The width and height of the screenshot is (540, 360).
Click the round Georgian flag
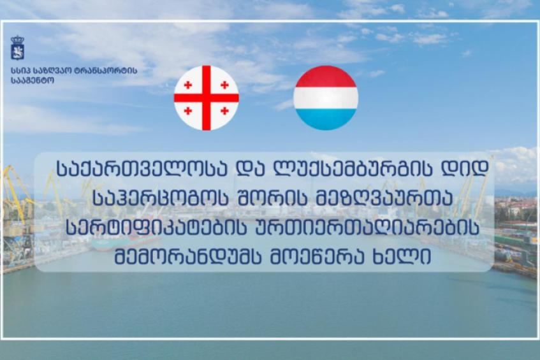pyautogui.click(x=207, y=97)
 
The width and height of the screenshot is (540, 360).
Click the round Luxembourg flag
pyautogui.click(x=326, y=97)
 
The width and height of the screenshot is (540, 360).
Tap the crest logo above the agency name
pyautogui.click(x=17, y=48)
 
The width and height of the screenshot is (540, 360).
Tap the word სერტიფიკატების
pyautogui.click(x=156, y=228)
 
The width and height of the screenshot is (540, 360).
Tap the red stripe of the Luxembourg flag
pyautogui.click(x=326, y=76)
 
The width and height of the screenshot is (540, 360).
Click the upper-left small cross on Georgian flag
pyautogui.click(x=188, y=85)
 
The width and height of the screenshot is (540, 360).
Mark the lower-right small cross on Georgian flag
pyautogui.click(x=224, y=111)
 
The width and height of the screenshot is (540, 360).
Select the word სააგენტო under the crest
pyautogui.click(x=33, y=81)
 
